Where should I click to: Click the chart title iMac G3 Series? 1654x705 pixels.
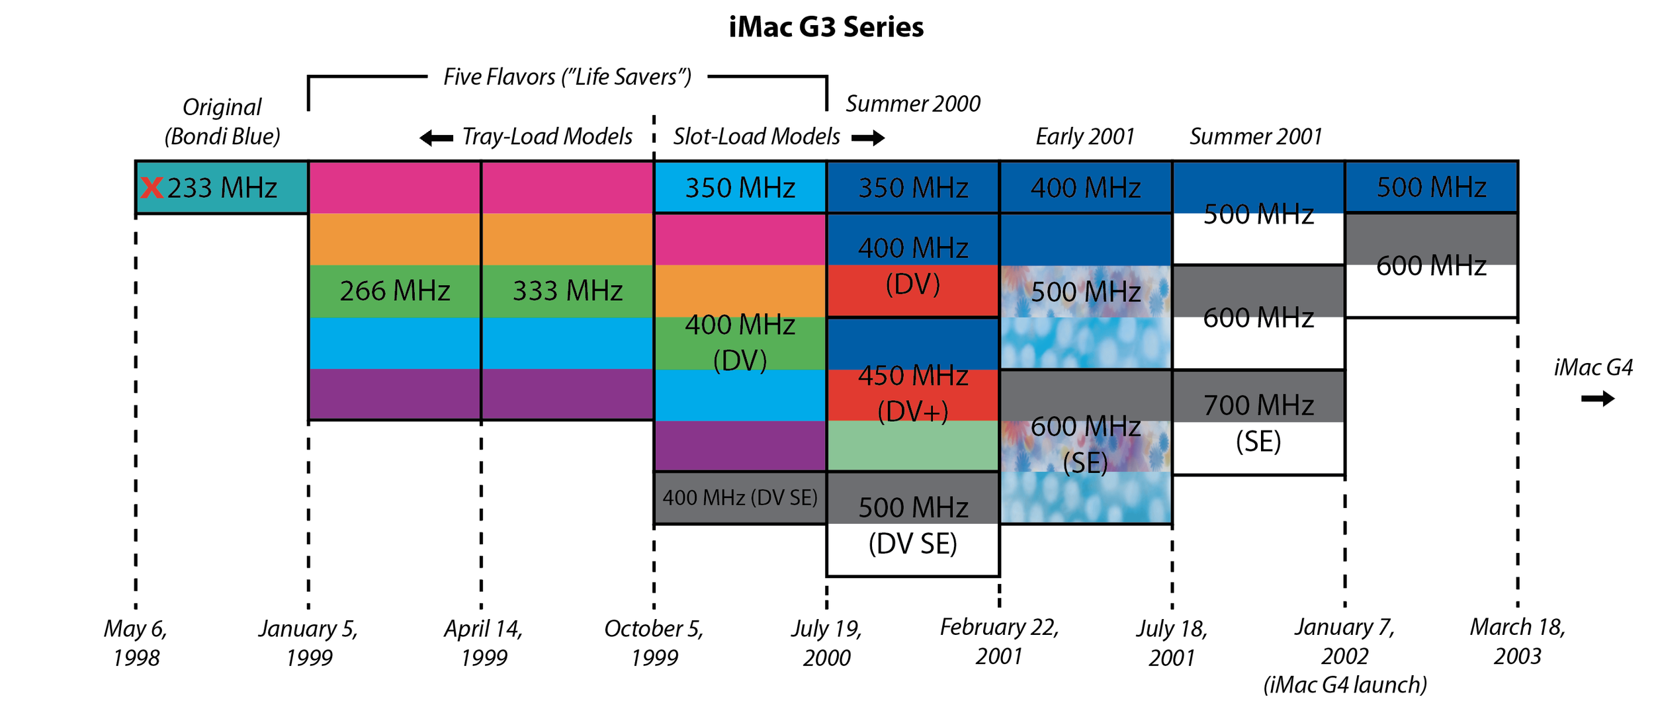[x=826, y=27]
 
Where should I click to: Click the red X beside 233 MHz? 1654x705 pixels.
[x=152, y=188]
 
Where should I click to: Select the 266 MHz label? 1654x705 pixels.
[x=395, y=291]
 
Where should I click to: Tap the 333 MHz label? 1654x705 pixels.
[x=568, y=291]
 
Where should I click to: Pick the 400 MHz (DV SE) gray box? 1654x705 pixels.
[x=740, y=498]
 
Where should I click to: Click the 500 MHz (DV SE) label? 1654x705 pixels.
[x=913, y=526]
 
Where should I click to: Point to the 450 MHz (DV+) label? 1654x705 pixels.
[x=913, y=394]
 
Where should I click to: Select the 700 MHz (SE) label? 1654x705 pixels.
[x=1258, y=423]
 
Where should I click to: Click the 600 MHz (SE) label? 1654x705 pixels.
[x=1086, y=444]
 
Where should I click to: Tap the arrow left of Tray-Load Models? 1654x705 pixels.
[x=437, y=138]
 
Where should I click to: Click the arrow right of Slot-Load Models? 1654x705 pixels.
[x=868, y=138]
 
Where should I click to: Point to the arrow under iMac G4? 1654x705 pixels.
[x=1598, y=399]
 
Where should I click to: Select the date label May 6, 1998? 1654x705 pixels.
[x=136, y=643]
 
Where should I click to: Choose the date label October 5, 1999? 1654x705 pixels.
[x=654, y=643]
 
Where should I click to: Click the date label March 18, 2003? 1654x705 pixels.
[x=1518, y=642]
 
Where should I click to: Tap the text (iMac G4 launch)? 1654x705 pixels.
[x=1345, y=685]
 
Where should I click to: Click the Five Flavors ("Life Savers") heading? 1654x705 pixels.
[x=568, y=77]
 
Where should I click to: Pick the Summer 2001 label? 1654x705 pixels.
[x=1256, y=136]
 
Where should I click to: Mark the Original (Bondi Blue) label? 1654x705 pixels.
[x=222, y=122]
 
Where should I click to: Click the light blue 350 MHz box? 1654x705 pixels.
[x=740, y=187]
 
